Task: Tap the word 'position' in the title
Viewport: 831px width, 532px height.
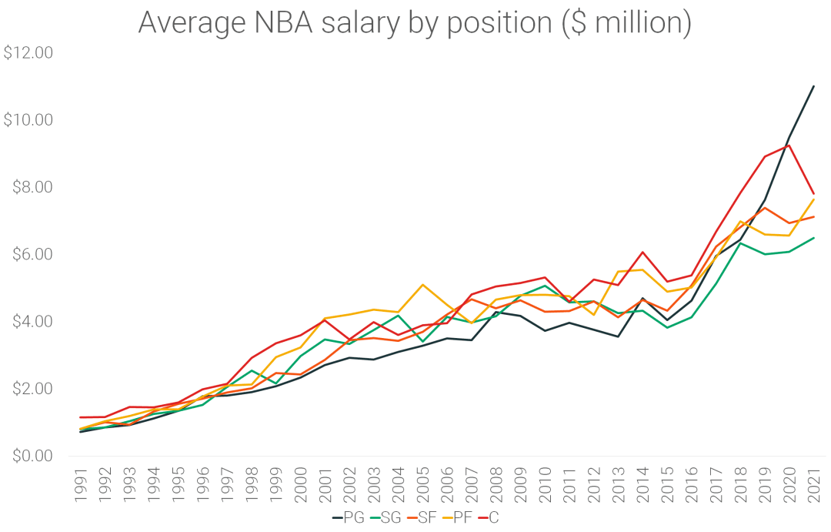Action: click(x=502, y=25)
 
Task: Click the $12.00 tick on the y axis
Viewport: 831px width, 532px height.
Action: click(x=28, y=53)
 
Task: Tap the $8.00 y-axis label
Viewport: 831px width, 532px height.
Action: click(x=28, y=187)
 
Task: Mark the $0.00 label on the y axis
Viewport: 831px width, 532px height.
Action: click(x=28, y=456)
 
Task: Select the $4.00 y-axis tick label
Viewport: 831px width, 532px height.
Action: click(x=28, y=321)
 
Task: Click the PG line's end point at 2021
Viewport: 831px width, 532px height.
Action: click(x=814, y=86)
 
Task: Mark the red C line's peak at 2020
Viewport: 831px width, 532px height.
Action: click(x=789, y=145)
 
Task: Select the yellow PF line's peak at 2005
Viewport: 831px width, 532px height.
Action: click(x=423, y=285)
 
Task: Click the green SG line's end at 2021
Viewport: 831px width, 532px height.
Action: click(x=814, y=238)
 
